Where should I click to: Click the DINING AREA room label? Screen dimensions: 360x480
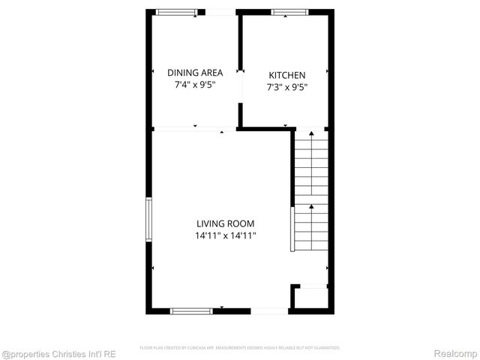coord(195,73)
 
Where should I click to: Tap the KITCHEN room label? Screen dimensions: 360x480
coord(287,75)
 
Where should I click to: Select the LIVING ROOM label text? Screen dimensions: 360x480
coord(225,223)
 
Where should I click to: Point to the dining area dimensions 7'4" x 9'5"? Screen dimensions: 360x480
coord(195,85)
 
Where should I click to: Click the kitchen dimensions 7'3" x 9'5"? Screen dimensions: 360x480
coord(287,87)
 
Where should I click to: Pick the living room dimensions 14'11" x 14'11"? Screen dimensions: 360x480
coord(225,235)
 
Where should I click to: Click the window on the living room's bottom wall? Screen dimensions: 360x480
coord(192,310)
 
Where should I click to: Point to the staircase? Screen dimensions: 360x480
coord(310,191)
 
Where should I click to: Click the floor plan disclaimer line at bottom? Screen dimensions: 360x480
coord(240,348)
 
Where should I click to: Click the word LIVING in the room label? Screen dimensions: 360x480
coord(210,223)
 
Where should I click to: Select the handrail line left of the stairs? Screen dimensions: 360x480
coord(292,229)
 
